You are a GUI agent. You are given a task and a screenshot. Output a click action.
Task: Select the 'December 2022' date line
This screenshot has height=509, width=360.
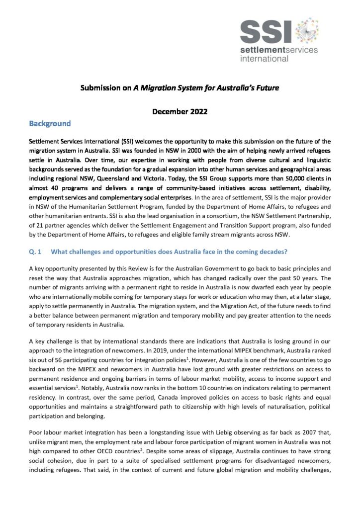click(180, 111)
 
